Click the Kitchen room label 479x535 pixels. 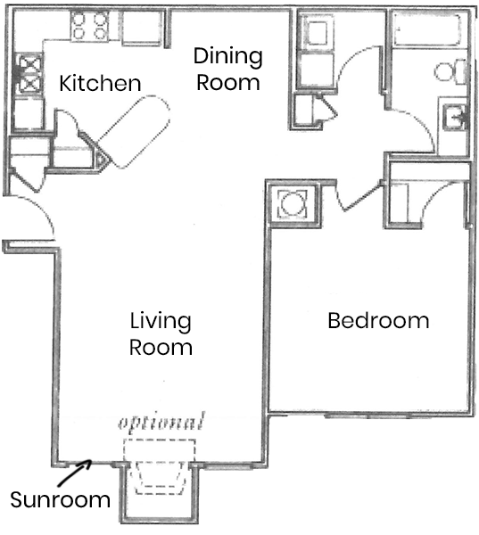click(x=100, y=84)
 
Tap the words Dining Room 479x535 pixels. click(x=228, y=70)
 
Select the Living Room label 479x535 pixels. click(x=161, y=333)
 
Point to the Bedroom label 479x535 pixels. click(x=378, y=320)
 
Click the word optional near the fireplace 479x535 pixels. click(x=161, y=421)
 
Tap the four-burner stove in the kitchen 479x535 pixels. click(x=89, y=27)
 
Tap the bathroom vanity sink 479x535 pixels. click(x=454, y=117)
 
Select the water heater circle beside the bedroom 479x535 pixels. click(x=292, y=203)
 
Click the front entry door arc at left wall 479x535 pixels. click(x=40, y=218)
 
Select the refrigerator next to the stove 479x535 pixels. click(x=141, y=29)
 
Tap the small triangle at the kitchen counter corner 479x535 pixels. click(x=102, y=161)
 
